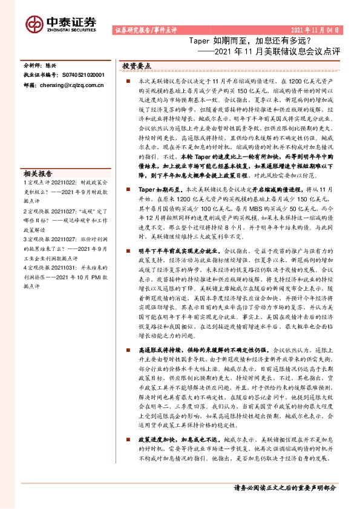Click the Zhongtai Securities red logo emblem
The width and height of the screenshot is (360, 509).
coord(34,23)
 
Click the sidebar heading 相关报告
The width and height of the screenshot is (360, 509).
coord(39,172)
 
